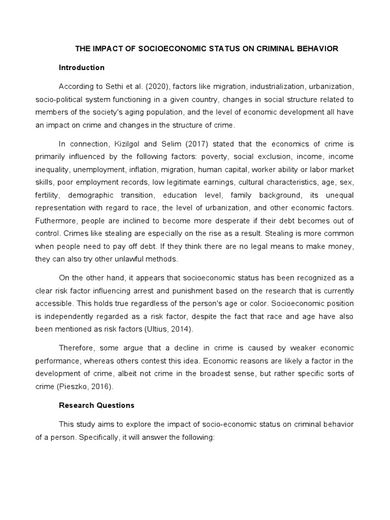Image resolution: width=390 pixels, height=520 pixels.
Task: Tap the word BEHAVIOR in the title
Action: tap(313, 49)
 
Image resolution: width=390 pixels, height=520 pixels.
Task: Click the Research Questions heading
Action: tap(96, 405)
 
